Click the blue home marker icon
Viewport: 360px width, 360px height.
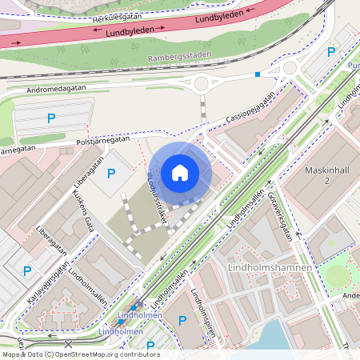click(180, 173)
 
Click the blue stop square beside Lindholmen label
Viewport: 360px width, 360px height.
click(133, 307)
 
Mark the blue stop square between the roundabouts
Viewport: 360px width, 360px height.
click(257, 74)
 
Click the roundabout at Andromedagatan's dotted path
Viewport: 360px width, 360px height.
click(200, 83)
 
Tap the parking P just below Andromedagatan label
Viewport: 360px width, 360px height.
click(51, 118)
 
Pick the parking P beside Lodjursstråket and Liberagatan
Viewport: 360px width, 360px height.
click(110, 173)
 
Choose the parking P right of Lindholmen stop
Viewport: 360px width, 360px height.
click(182, 320)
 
